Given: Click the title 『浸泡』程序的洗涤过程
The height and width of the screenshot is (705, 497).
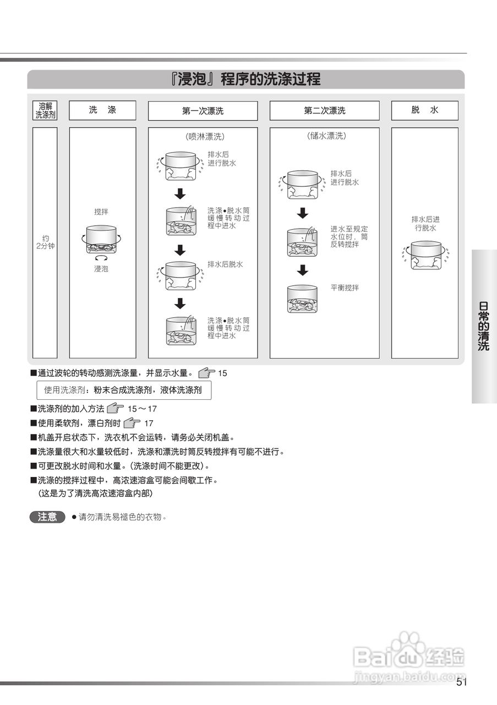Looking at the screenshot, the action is coord(245,79).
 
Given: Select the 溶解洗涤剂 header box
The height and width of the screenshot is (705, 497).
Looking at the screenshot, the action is coord(45,111).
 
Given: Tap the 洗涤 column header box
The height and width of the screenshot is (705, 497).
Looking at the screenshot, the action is coord(102,110).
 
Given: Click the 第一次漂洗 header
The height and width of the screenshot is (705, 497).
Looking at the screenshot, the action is coord(203,111).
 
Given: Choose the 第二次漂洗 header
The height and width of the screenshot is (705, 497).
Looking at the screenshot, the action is coord(324,111).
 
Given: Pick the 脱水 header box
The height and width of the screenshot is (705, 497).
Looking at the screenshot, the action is coord(424,110).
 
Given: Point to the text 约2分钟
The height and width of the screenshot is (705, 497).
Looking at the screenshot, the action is coord(45,242).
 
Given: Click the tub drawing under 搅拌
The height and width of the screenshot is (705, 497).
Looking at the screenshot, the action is coord(101,240).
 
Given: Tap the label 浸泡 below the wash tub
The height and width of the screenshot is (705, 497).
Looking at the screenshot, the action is coord(101,269).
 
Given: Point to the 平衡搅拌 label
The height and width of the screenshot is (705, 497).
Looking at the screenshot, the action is coord(345,288).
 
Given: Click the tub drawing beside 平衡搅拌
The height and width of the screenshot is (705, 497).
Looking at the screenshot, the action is coord(302,299).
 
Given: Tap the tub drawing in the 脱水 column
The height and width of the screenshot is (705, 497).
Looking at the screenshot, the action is coord(426,255).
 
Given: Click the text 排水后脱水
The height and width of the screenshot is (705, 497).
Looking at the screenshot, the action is coord(225,264).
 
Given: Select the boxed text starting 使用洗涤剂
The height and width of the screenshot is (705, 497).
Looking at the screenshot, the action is coord(123,390).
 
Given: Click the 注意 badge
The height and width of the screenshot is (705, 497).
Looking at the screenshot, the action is coord(47,517).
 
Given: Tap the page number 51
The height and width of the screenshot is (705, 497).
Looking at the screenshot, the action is coord(461,683).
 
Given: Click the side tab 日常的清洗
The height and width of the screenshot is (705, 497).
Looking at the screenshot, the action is coord(484,326).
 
